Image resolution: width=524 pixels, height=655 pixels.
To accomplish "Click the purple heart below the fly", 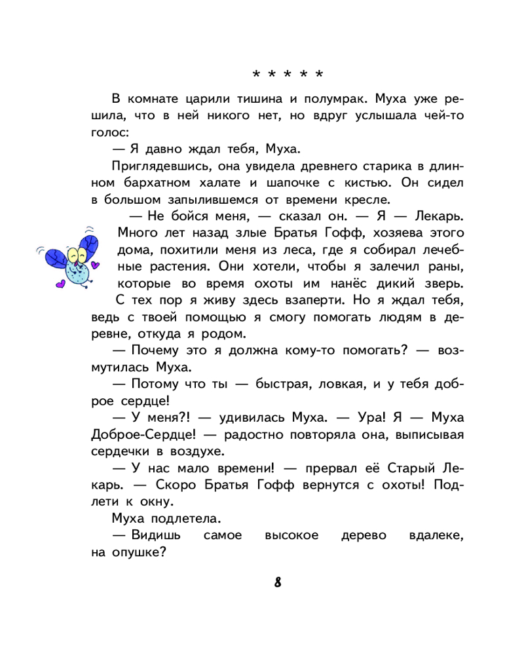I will pyautogui.click(x=60, y=286).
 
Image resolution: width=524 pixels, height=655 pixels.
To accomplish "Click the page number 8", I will pyautogui.click(x=278, y=582).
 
